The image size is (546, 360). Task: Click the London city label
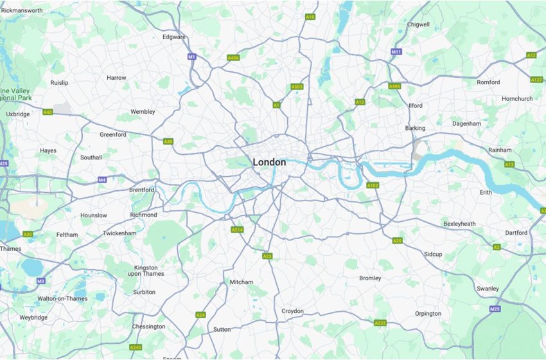269,163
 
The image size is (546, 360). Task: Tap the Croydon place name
292,311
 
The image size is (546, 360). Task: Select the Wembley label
143,112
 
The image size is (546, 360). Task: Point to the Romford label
488,82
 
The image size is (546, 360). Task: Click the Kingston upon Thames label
149,270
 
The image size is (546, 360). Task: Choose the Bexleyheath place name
459,224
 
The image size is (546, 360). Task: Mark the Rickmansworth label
22,11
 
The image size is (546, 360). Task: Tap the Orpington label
428,314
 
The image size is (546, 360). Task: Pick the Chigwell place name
418,24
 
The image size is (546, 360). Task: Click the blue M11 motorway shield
396,51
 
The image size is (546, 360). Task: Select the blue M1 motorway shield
191,57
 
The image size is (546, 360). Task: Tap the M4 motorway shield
102,179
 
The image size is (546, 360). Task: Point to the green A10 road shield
310,17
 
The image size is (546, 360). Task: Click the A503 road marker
297,86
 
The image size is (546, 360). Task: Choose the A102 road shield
372,185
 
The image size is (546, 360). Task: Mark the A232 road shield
380,323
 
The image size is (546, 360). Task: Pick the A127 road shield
536,80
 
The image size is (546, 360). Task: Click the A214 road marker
237,230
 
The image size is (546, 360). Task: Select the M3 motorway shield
40,281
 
